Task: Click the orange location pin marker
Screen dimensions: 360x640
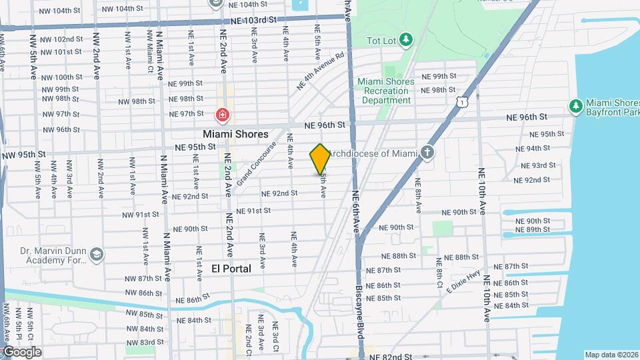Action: coord(320,159)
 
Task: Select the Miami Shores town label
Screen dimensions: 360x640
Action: coord(235,134)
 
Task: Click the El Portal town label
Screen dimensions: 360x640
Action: coord(231,269)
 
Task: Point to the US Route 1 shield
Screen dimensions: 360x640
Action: coord(461,100)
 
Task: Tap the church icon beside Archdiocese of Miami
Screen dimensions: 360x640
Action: coord(427,153)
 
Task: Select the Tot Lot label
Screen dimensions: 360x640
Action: coord(381,41)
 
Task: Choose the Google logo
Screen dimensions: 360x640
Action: coord(21,352)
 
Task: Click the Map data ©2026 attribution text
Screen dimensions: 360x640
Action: coord(611,355)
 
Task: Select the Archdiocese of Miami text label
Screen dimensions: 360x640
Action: coord(372,153)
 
